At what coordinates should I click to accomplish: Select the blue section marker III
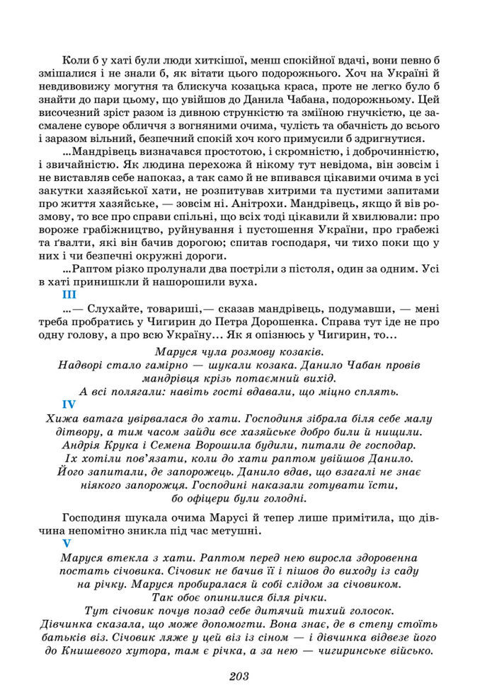[69, 296]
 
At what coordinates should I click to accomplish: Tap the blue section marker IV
[69, 404]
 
